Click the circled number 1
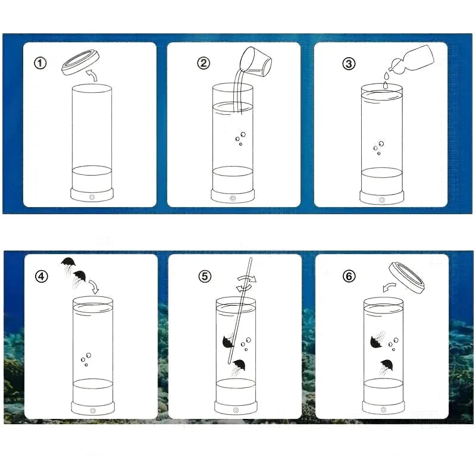point(40,64)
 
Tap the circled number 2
point(203,63)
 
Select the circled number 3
point(349,64)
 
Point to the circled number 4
point(41,277)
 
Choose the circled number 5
point(205,277)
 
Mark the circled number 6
point(349,276)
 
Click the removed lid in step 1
point(81,62)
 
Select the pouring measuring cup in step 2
point(256,62)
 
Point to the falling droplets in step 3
point(386,80)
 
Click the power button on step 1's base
point(92,198)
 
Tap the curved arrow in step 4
point(94,287)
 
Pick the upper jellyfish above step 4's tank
point(68,264)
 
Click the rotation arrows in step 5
point(246,283)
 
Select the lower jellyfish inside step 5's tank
point(239,367)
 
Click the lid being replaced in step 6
point(407,278)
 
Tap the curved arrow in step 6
point(389,287)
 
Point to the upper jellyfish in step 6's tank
point(377,340)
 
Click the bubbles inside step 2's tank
point(240,139)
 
